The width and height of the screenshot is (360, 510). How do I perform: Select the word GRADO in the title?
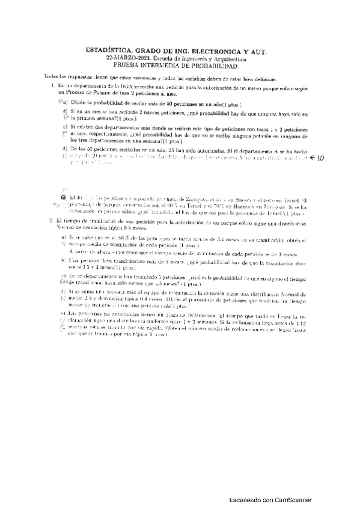click(144, 52)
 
